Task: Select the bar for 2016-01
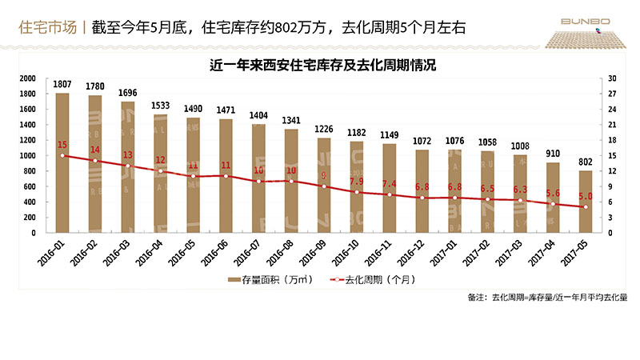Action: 62,164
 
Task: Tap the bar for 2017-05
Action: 586,202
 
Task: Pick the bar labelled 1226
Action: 324,186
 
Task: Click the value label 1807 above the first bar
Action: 62,84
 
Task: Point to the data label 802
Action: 586,162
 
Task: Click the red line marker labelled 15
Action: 62,155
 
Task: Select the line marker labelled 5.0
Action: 586,207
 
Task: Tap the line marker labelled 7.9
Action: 357,192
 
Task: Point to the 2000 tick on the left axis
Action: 26,78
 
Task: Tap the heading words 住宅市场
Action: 47,28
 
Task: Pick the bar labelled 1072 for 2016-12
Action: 422,191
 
